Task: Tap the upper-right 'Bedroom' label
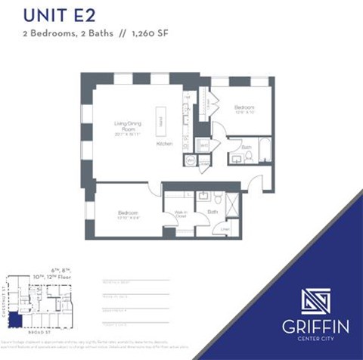coord(244,107)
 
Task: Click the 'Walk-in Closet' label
coord(180,214)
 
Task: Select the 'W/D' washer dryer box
coord(203,144)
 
